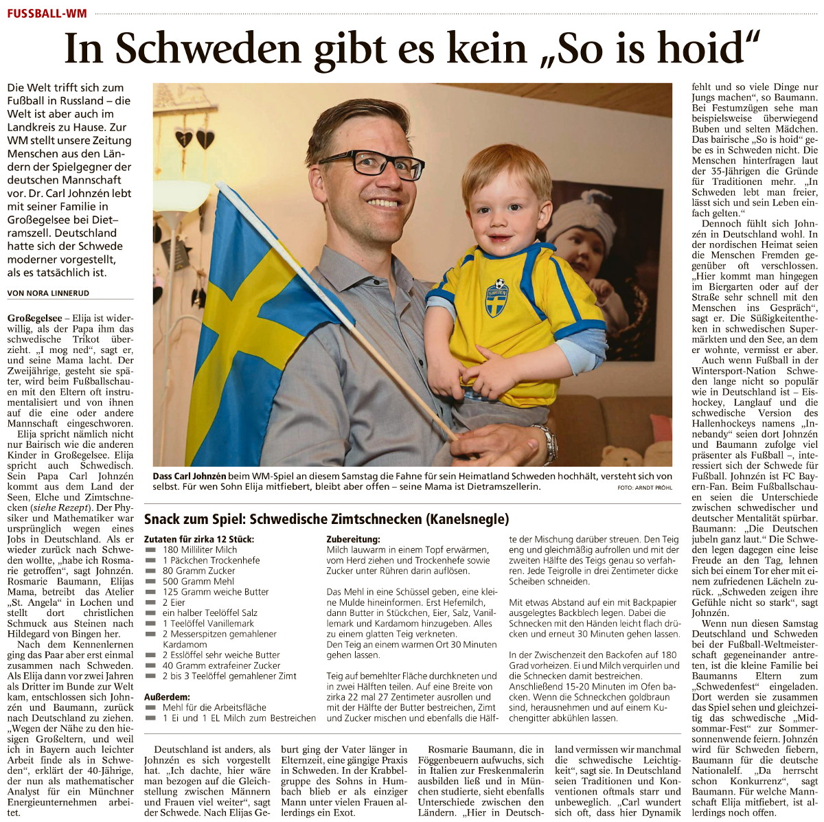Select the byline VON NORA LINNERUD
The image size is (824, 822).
48,293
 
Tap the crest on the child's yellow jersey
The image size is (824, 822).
496,296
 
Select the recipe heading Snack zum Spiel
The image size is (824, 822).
196,520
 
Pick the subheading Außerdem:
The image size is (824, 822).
167,697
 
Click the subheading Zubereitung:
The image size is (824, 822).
353,540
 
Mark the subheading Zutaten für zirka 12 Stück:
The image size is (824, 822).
198,540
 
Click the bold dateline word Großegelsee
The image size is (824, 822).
34,319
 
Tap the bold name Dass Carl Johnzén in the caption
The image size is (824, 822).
189,476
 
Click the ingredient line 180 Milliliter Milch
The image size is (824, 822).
200,550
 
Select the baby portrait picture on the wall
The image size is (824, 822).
587,254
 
